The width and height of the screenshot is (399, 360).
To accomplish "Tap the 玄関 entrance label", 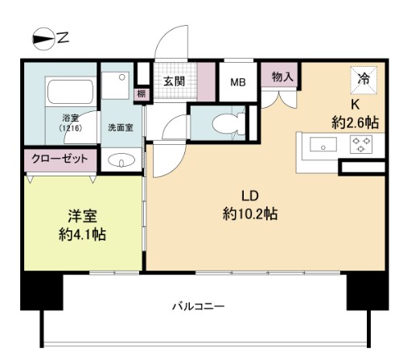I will coord(175,81).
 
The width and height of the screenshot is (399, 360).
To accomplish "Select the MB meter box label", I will coord(238,81).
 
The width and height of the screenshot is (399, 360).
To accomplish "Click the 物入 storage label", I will coord(282,77).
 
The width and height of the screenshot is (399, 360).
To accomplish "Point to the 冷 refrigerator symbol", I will coord(364,79).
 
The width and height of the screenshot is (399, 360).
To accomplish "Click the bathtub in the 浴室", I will coord(64,97).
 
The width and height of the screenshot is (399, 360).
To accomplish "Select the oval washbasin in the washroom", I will coord(121,160).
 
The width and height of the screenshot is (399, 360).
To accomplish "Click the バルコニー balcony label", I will coord(198,306).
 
